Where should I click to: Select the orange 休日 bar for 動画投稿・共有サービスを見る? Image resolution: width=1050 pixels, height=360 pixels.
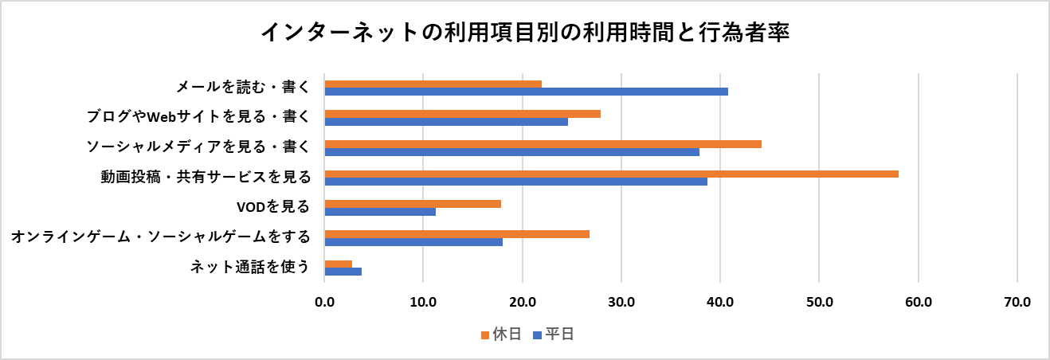click(611, 174)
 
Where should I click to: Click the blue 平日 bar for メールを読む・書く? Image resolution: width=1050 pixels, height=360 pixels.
click(526, 92)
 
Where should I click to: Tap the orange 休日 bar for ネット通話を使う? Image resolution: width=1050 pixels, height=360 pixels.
click(338, 264)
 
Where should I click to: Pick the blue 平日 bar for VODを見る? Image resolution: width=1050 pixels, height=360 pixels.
click(380, 212)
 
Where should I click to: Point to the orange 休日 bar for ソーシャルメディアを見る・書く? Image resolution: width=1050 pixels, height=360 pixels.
click(543, 144)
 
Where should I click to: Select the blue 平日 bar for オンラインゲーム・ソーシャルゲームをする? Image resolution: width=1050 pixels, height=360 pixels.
click(413, 241)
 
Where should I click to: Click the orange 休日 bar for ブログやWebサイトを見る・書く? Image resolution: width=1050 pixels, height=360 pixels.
click(462, 114)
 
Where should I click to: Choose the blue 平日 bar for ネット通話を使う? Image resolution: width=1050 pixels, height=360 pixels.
click(343, 272)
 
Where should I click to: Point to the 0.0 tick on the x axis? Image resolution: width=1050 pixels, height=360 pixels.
click(324, 302)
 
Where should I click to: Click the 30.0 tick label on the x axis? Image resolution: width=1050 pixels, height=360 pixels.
click(621, 302)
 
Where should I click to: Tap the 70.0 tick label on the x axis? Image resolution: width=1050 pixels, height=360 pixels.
click(1017, 302)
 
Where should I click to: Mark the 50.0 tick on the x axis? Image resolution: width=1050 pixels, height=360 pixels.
click(819, 302)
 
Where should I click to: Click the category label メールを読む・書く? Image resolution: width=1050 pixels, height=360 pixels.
click(242, 88)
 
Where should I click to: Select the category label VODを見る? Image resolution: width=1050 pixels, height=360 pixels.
click(273, 207)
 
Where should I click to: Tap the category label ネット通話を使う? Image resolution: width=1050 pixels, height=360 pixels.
click(249, 267)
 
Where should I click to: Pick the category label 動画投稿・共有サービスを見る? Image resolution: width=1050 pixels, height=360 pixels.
click(205, 177)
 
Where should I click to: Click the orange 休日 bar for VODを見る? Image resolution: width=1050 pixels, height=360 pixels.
click(413, 204)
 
